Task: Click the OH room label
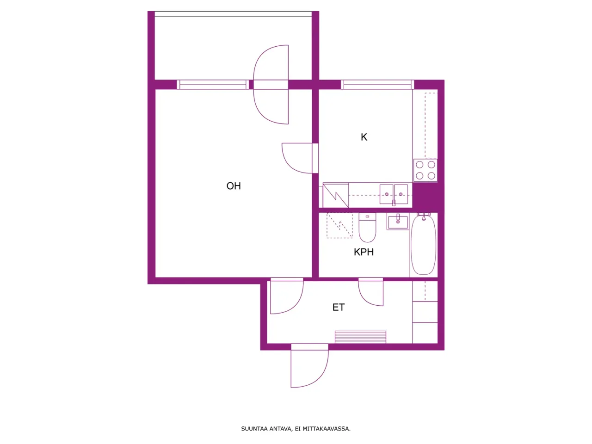234,186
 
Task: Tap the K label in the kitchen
364,137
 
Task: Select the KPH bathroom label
364,252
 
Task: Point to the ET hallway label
339,308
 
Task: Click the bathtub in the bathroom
423,245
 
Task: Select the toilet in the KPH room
368,228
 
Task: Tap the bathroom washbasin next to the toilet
398,222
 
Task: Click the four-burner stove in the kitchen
425,170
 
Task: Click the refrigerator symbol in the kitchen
336,195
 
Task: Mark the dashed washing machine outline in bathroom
339,225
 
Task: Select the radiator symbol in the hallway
360,337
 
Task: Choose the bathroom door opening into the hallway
371,293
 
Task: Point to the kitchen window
377,85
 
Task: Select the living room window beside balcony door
213,85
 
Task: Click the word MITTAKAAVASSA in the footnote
327,429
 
